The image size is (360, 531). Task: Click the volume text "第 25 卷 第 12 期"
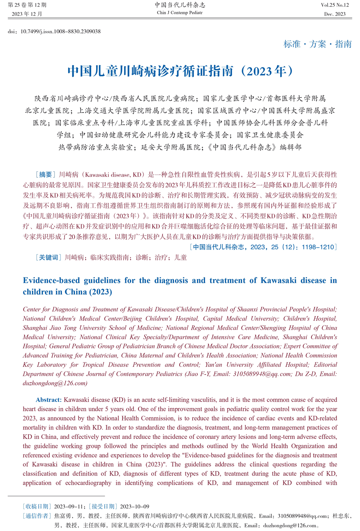point(27,5)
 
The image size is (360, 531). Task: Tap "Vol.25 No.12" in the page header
point(335,5)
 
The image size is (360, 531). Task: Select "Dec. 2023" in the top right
point(335,14)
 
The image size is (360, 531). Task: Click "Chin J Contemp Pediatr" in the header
point(180,13)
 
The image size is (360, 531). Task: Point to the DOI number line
point(54,31)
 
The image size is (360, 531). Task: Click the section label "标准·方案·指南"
point(318,44)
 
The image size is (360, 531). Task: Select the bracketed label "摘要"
point(45,174)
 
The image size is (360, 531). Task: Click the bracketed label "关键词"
point(48,257)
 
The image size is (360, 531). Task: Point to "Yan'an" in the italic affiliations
point(215,364)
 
